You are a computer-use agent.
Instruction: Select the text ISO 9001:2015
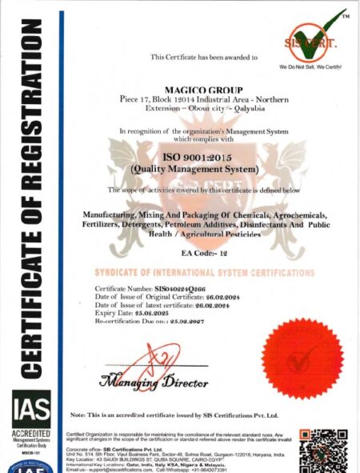pos(203,158)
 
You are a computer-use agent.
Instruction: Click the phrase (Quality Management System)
pos(203,170)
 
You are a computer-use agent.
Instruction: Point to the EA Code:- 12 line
pos(203,252)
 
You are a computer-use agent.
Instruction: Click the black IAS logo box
pos(31,409)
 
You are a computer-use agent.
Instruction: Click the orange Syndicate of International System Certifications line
pos(204,273)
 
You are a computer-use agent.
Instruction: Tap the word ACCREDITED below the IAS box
pos(31,433)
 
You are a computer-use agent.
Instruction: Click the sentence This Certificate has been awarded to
pos(204,58)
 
